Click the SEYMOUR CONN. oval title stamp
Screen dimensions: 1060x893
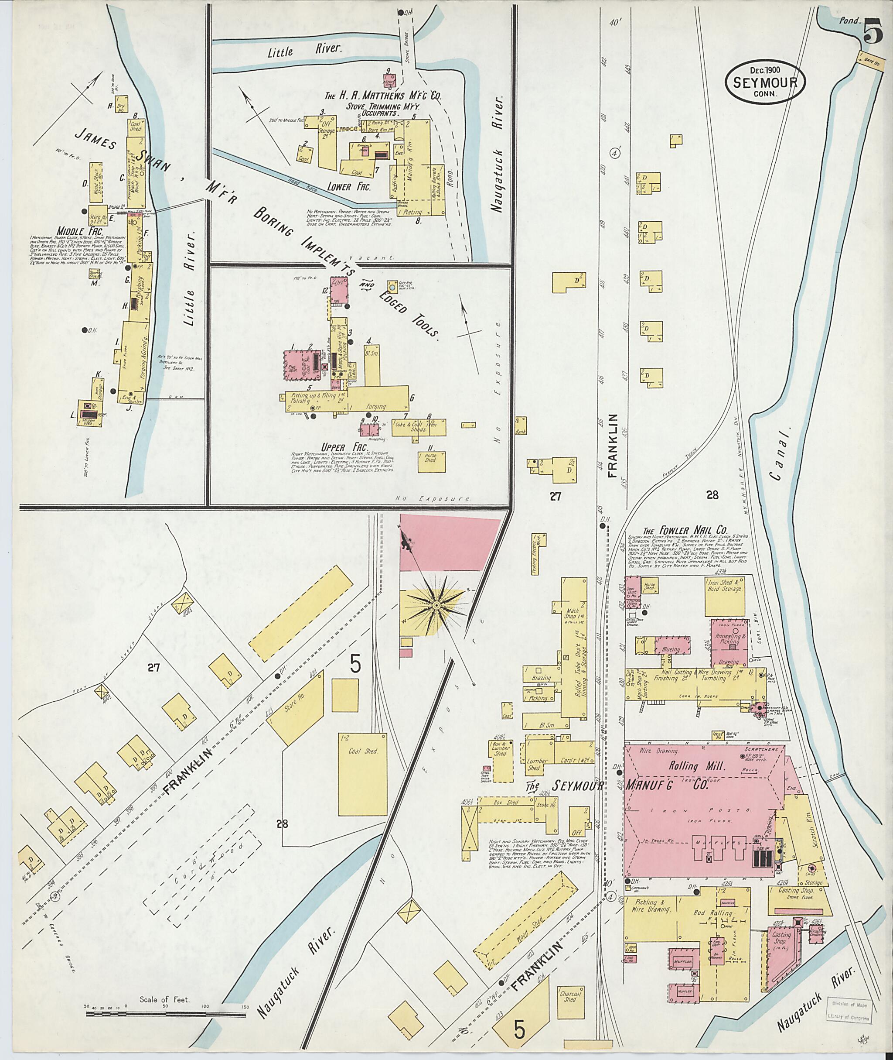pyautogui.click(x=764, y=85)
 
